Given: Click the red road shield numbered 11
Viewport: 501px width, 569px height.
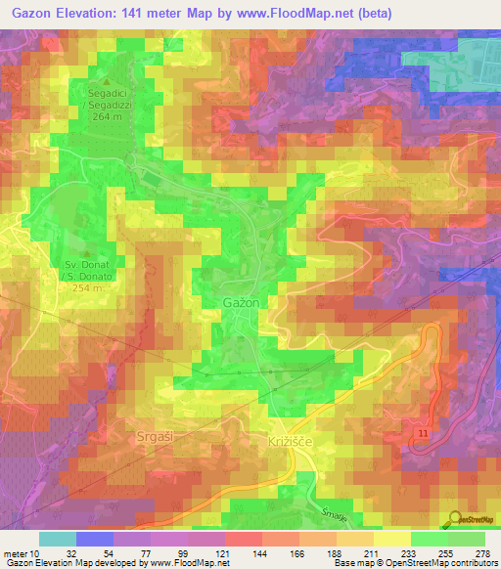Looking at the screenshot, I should [x=421, y=431].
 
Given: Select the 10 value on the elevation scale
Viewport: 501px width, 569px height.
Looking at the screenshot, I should [x=35, y=552].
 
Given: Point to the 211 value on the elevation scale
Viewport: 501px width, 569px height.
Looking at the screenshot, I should [x=372, y=552].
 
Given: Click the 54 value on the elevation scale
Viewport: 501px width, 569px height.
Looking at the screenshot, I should [x=110, y=552].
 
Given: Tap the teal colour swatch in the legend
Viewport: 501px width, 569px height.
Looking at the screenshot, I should [x=58, y=539].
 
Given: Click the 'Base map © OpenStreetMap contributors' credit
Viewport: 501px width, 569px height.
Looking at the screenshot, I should [x=413, y=563].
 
